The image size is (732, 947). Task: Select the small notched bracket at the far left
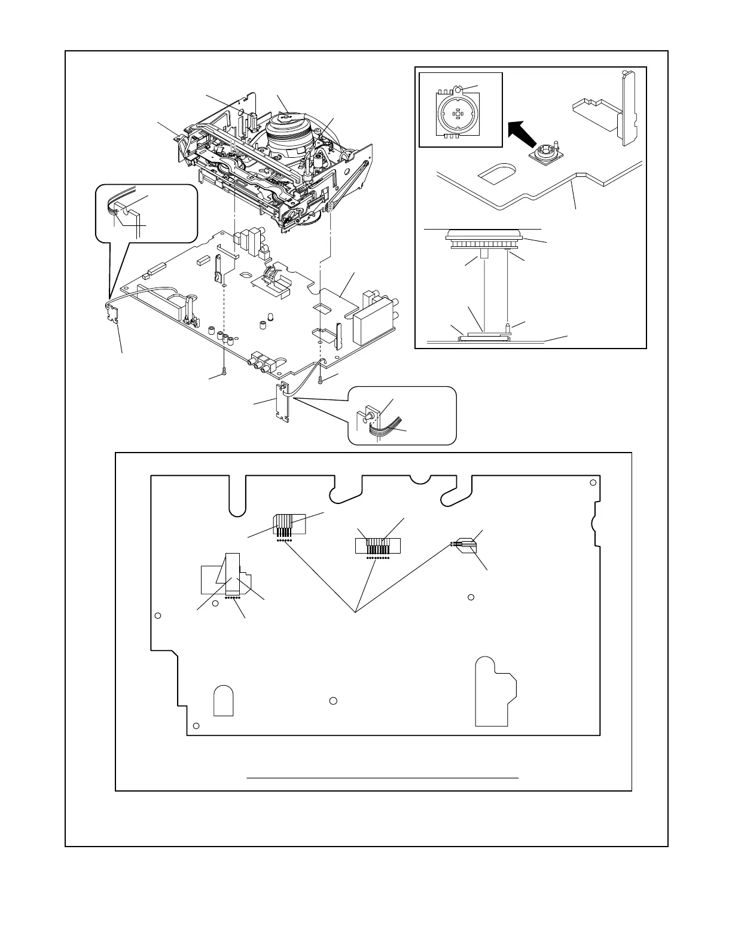coord(112,312)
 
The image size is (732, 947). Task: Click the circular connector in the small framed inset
coord(458,113)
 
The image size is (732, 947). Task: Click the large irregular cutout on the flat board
coord(495,691)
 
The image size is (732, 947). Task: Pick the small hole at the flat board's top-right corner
coord(593,483)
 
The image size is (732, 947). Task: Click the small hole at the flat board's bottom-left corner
coord(197,726)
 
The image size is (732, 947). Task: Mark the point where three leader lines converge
coord(356,612)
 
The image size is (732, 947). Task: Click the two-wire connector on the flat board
coord(463,544)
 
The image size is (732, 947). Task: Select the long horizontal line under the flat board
coord(382,778)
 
